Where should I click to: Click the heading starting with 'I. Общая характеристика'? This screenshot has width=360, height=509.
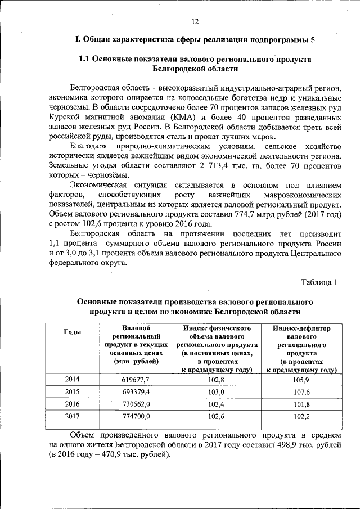point(195,39)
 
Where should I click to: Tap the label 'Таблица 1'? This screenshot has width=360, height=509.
point(319,282)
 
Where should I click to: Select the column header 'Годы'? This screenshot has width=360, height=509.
point(73,332)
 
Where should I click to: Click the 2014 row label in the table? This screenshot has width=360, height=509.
point(72,380)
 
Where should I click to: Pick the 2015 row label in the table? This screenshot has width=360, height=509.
point(72,391)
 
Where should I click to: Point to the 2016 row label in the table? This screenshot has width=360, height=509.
point(72,404)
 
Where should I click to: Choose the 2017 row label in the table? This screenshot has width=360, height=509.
point(72,417)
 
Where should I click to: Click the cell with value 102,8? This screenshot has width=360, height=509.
point(217,380)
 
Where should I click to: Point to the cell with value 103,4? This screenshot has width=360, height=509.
point(217,405)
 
